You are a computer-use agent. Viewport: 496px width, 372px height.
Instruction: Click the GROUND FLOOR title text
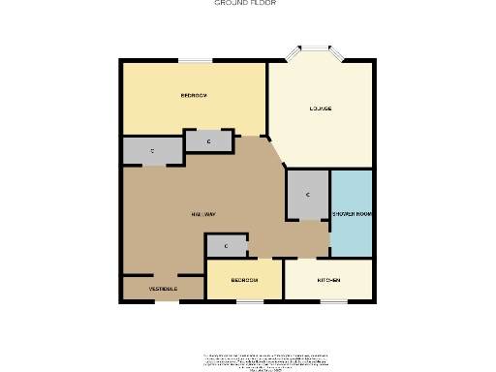point(245,4)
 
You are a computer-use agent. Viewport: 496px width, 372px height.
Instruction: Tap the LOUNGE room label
point(321,108)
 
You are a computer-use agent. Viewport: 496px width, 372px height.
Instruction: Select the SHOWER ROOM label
point(352,213)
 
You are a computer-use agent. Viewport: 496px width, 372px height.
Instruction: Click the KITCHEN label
point(328,280)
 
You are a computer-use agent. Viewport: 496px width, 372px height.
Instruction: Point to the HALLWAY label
point(202,214)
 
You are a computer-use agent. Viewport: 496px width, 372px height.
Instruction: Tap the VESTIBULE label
point(163,289)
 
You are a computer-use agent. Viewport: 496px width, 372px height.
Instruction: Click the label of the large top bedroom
point(194,96)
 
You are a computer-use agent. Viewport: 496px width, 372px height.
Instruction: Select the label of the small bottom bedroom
point(245,280)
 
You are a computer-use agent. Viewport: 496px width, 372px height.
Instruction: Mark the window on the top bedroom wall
point(195,61)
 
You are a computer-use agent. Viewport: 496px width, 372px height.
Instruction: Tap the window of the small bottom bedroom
point(250,301)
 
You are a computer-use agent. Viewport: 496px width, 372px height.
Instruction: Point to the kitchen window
point(334,301)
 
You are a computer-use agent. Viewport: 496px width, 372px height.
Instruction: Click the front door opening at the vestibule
point(167,301)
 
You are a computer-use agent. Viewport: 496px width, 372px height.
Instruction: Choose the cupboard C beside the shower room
point(307,195)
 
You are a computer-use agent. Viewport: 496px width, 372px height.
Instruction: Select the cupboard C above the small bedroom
point(226,246)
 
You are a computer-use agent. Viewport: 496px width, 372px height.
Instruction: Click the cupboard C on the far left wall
point(152,151)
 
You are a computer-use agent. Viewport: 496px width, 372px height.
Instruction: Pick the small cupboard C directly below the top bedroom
point(208,141)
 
